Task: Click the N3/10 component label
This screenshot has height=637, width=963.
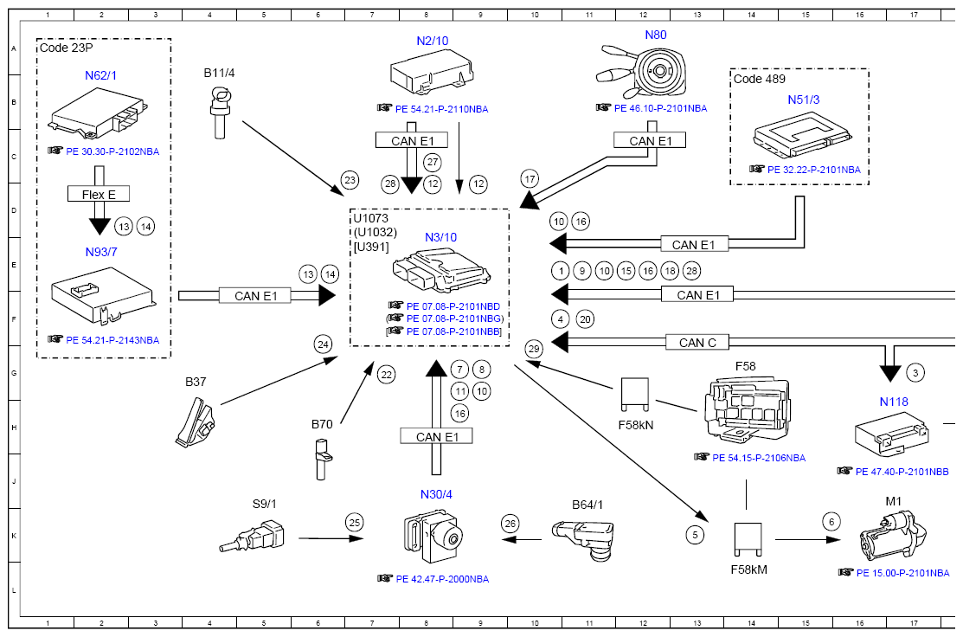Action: (x=440, y=237)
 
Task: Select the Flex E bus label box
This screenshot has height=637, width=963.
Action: (x=100, y=195)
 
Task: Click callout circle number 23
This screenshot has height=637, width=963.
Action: (x=350, y=181)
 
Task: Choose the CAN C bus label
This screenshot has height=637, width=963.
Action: (x=698, y=343)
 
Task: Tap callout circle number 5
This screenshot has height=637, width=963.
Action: (x=696, y=535)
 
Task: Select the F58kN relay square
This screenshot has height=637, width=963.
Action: (x=636, y=394)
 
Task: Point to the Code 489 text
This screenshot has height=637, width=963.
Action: (x=759, y=79)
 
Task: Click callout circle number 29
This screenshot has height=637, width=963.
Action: (x=534, y=349)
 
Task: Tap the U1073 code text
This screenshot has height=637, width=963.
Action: (x=370, y=218)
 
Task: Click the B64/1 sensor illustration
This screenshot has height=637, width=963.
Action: (x=585, y=537)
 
